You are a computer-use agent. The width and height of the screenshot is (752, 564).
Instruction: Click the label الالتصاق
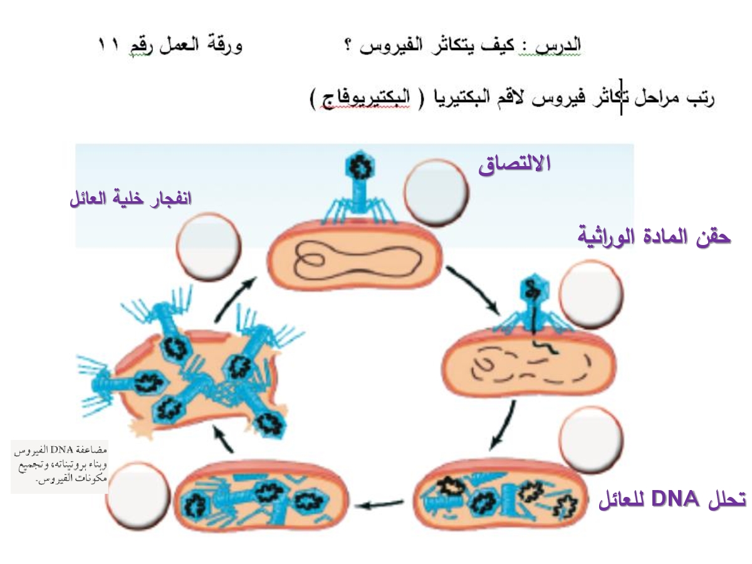(x=514, y=164)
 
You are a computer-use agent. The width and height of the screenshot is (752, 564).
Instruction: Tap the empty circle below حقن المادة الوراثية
(x=591, y=294)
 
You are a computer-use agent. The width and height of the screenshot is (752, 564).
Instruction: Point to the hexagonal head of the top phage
(x=360, y=168)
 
